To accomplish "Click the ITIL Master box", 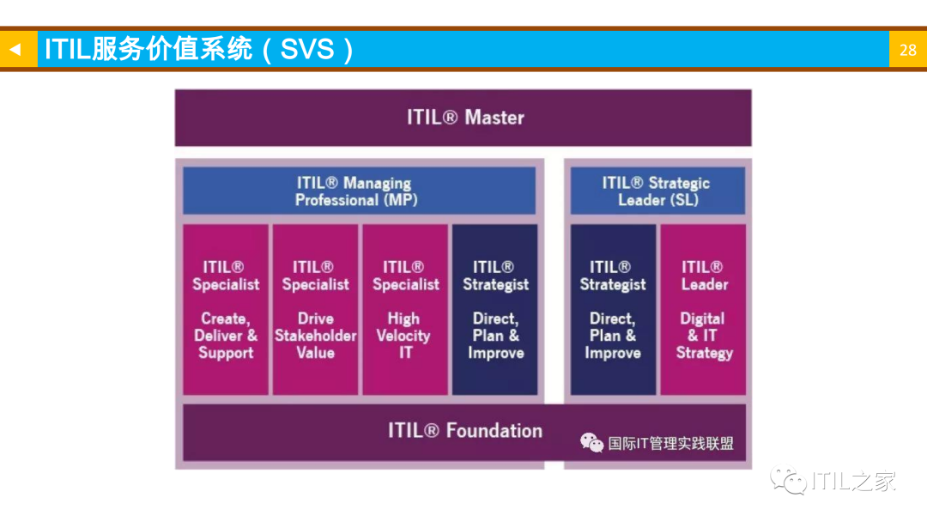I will click(x=463, y=118).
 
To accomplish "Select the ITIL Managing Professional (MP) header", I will click(x=359, y=191).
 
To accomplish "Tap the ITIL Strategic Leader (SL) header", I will click(x=657, y=191).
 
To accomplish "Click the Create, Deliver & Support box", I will click(x=226, y=309).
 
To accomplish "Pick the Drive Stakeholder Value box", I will click(x=315, y=309).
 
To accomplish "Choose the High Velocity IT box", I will click(x=405, y=309).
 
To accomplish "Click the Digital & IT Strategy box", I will click(x=703, y=309).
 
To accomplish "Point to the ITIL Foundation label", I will click(x=464, y=431).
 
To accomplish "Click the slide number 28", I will click(x=907, y=50).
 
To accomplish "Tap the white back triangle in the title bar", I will click(x=15, y=50).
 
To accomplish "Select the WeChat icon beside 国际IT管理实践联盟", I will click(x=591, y=443).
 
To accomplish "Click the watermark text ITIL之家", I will click(x=852, y=482).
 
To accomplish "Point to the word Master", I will click(x=494, y=118).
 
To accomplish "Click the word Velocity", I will click(x=403, y=336).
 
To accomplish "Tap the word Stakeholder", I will click(x=315, y=336).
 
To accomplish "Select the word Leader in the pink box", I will click(x=704, y=284).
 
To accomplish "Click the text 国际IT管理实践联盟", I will click(x=670, y=444).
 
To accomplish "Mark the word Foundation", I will click(x=494, y=431).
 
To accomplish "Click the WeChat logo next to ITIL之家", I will click(x=788, y=481).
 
